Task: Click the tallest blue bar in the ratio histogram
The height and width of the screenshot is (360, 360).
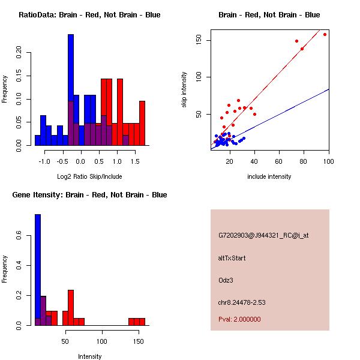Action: pos(71,90)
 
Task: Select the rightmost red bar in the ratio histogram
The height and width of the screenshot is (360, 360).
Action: pos(142,123)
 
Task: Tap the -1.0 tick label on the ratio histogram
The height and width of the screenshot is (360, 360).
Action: pos(45,161)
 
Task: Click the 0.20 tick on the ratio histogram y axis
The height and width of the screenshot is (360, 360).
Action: pos(19,52)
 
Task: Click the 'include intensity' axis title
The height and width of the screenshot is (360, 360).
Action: pos(269,176)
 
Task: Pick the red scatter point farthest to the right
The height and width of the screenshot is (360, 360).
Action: pos(325,34)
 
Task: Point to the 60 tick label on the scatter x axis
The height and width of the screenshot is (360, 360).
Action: pos(279,161)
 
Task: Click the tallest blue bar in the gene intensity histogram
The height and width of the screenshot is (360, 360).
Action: pos(37,269)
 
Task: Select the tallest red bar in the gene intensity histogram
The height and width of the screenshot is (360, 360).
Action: pos(71,307)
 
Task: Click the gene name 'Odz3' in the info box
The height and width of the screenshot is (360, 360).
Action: pos(226,280)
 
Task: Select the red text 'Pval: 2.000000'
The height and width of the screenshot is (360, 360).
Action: pos(239,319)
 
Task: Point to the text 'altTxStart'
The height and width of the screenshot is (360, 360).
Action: pos(232,258)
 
